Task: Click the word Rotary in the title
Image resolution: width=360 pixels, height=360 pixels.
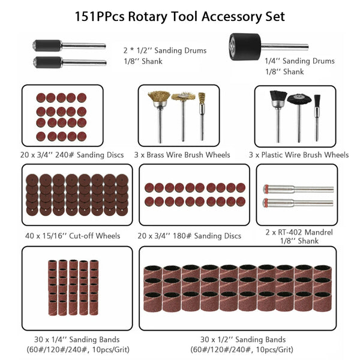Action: [x=148, y=17]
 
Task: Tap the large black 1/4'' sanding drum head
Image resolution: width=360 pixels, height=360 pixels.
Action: [x=245, y=47]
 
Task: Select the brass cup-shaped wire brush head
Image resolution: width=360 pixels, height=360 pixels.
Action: [x=159, y=97]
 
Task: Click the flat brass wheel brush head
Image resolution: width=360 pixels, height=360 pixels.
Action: [x=183, y=96]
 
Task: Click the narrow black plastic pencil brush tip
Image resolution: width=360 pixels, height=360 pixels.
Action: [x=317, y=101]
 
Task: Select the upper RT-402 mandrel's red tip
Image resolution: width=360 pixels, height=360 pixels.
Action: [x=266, y=189]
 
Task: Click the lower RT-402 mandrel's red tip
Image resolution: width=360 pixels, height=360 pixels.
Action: [x=265, y=203]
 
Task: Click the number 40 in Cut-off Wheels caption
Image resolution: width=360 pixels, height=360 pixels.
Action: [x=30, y=236]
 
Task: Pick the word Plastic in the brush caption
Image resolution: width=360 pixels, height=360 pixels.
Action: [x=273, y=155]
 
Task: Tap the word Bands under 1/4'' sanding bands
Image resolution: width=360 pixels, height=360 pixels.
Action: [x=108, y=340]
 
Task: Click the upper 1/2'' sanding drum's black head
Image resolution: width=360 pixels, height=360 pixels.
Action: [x=47, y=45]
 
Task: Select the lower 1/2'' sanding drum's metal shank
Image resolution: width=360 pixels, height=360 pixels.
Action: [x=84, y=62]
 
